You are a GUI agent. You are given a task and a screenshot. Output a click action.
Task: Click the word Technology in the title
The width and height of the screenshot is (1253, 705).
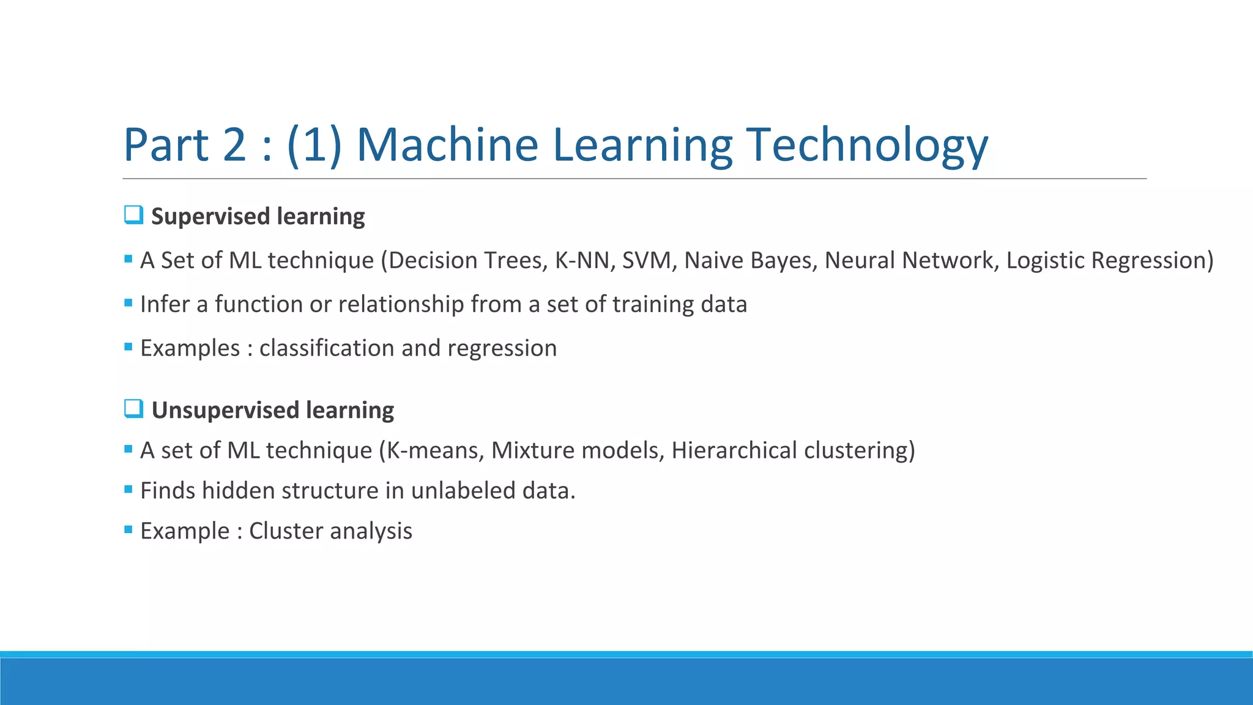click(x=867, y=145)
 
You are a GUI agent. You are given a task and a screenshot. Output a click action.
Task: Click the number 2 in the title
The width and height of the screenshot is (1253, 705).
click(x=235, y=145)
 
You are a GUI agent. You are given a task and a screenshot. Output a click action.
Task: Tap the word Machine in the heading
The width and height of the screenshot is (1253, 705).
click(x=447, y=145)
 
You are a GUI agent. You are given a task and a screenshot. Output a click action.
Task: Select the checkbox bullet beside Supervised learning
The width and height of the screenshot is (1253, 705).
click(x=133, y=215)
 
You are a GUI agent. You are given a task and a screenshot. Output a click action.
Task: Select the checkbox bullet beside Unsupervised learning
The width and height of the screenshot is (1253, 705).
click(x=133, y=408)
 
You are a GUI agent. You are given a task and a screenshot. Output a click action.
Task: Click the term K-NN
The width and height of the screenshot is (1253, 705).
click(x=581, y=261)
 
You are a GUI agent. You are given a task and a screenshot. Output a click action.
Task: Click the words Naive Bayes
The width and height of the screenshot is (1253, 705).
click(x=750, y=261)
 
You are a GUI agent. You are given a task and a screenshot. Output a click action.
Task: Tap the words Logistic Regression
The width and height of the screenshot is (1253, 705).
click(x=1109, y=261)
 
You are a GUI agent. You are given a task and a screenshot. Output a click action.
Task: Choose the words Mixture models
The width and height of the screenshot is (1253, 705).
click(x=577, y=450)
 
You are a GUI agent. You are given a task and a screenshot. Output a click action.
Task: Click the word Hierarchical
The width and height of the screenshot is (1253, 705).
click(x=734, y=450)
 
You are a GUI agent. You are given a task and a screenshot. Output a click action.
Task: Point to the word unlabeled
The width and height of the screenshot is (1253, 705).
click(x=463, y=491)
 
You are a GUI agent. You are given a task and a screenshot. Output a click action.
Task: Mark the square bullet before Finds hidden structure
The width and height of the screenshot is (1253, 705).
click(x=128, y=490)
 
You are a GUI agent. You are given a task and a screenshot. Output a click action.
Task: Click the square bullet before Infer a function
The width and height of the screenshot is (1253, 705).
click(x=128, y=303)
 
